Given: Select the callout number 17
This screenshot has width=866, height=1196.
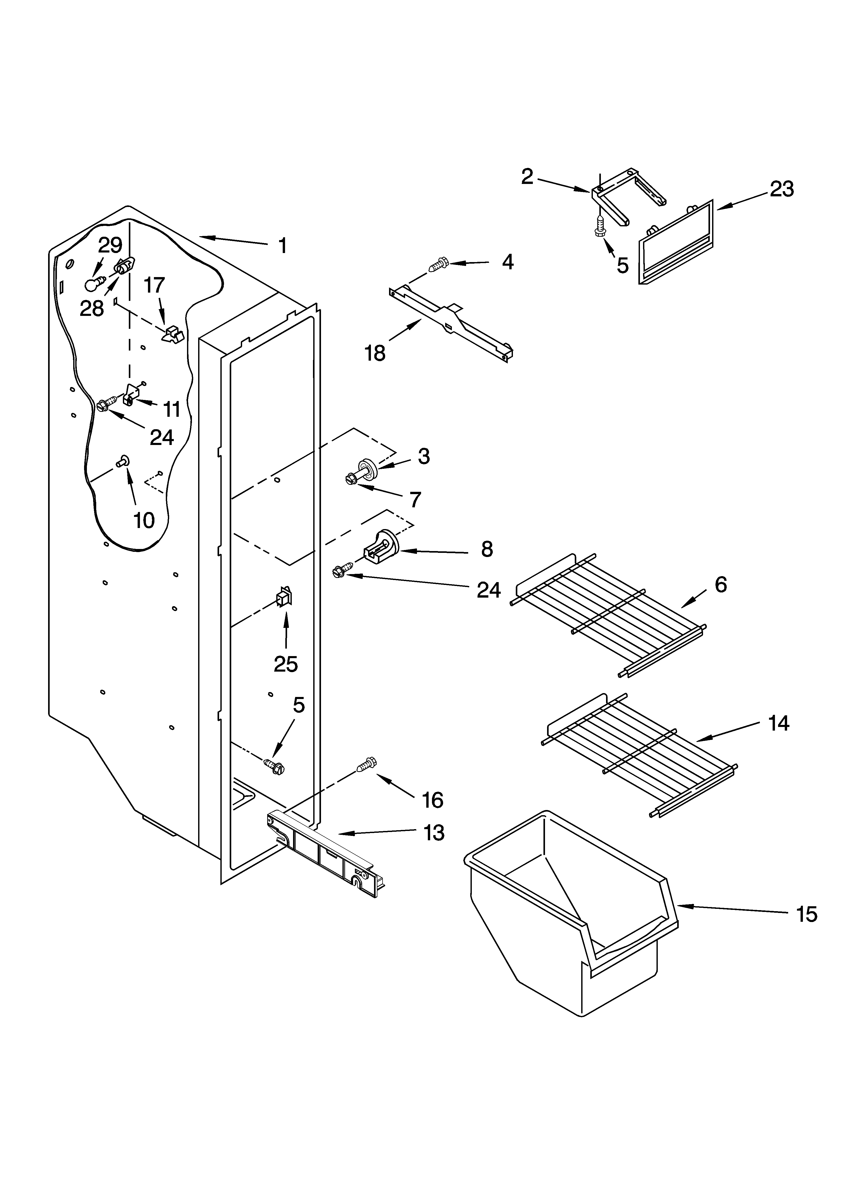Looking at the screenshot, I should click(x=154, y=285).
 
